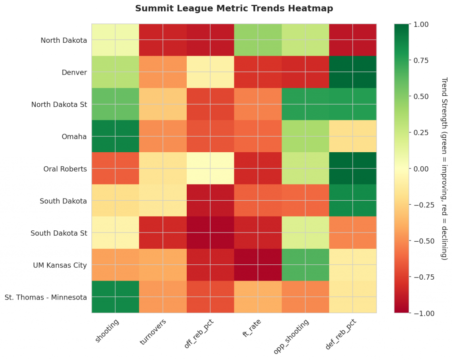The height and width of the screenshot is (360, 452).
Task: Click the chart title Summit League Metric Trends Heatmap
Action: pos(234,8)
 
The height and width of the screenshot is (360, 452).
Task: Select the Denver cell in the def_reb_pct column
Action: pos(353,72)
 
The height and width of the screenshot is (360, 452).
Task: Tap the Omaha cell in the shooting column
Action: pos(115,136)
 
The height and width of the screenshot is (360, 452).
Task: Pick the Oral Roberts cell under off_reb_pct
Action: pos(210,169)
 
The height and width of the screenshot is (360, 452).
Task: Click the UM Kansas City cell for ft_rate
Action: pos(258,265)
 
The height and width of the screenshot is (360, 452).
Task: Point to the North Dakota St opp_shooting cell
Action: pos(305,104)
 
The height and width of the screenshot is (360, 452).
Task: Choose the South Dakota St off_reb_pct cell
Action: pos(210,232)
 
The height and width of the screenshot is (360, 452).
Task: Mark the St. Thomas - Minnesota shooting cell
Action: pos(115,297)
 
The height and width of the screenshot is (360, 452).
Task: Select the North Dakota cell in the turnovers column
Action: pos(163,40)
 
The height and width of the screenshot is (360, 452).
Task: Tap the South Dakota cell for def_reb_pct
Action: pos(353,201)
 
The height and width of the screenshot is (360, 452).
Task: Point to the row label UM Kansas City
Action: pos(60,265)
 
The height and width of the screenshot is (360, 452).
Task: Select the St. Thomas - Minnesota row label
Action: pos(46,297)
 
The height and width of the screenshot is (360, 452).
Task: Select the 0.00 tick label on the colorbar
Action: pos(422,169)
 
